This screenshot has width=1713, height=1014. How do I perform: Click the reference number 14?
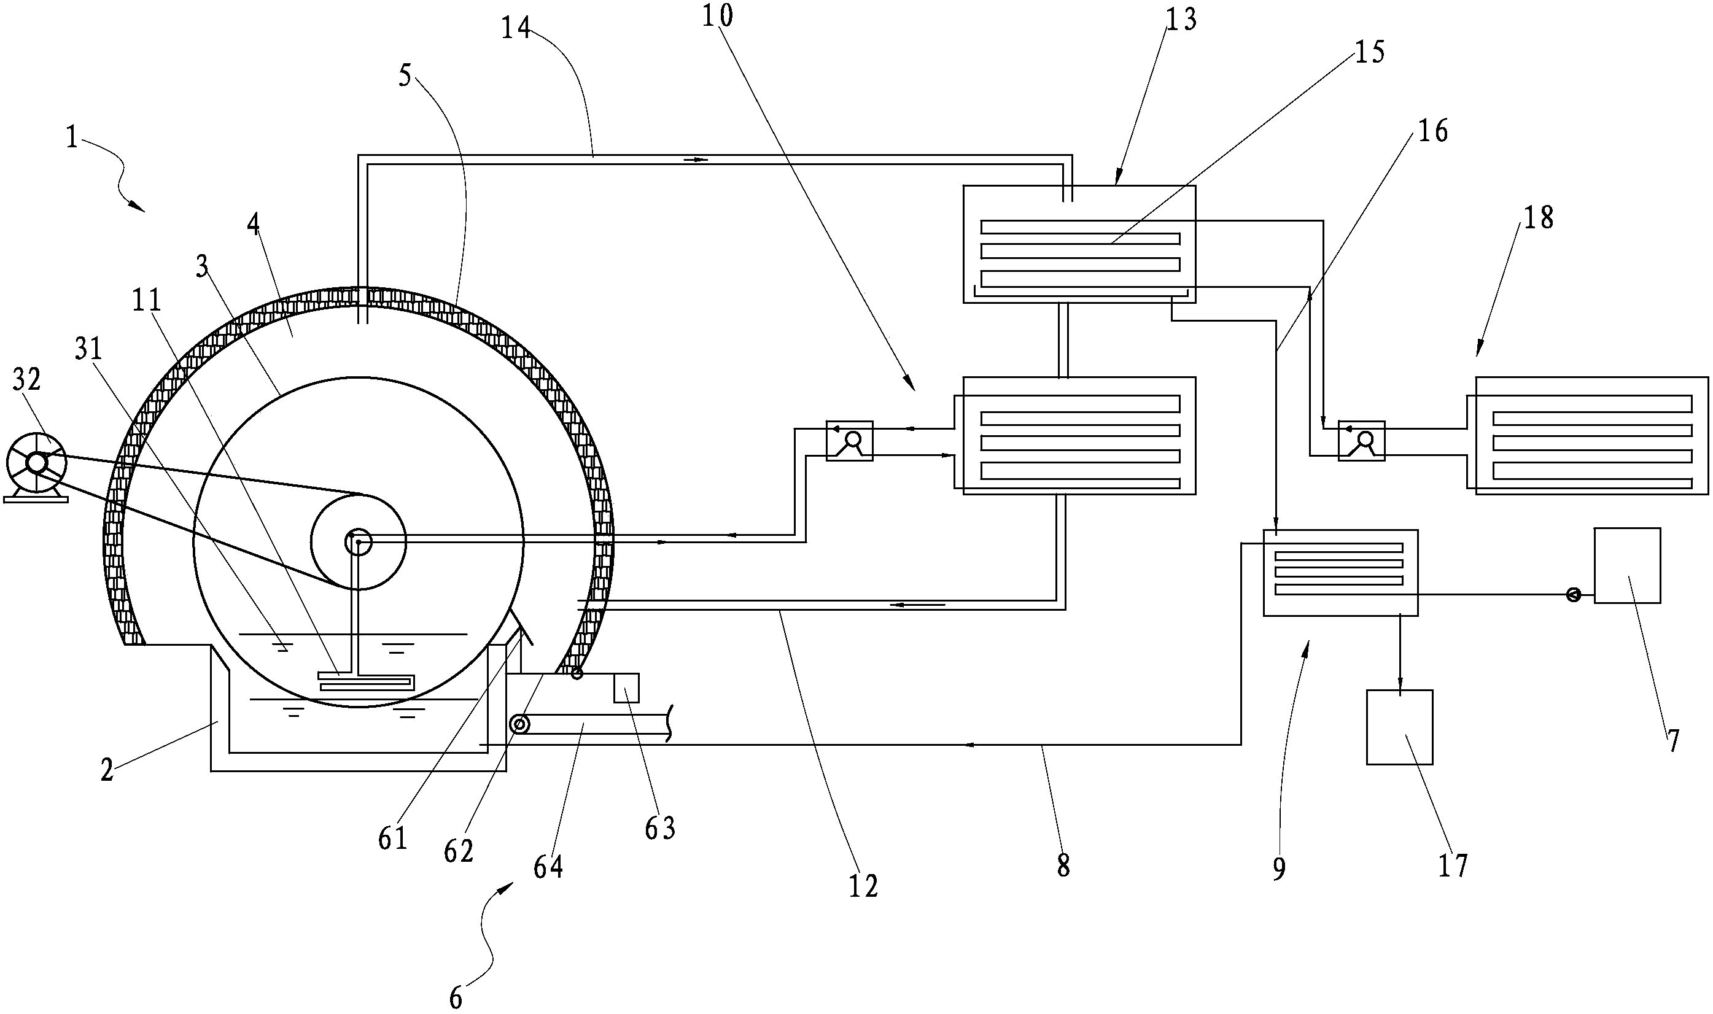[x=516, y=29]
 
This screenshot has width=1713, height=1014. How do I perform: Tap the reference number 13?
[x=1181, y=20]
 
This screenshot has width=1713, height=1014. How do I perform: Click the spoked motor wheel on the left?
[x=36, y=463]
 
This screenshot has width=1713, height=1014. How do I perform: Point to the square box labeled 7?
[x=1627, y=565]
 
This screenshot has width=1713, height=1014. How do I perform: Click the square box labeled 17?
[x=1399, y=727]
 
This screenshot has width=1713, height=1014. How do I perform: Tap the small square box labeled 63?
[x=626, y=687]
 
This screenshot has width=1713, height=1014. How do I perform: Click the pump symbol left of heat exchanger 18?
[x=1361, y=441]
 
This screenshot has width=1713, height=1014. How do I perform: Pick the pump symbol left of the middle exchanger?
[x=849, y=441]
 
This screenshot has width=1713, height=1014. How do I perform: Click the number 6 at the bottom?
[x=456, y=998]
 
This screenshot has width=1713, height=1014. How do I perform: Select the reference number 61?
[x=393, y=838]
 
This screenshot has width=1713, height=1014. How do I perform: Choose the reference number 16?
[x=1433, y=130]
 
